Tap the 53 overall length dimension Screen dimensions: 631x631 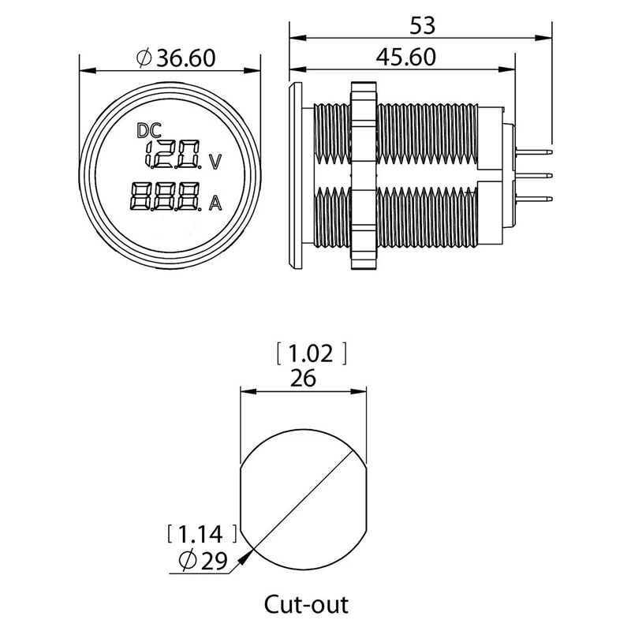pos(423,26)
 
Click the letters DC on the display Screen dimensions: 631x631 pos(148,130)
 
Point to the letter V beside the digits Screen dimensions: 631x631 pos(215,162)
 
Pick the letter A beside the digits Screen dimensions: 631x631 pos(215,205)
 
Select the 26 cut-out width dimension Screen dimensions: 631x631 pos(303,378)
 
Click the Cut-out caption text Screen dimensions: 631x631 pos(304,605)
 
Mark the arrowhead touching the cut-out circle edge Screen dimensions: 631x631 pos(248,555)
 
